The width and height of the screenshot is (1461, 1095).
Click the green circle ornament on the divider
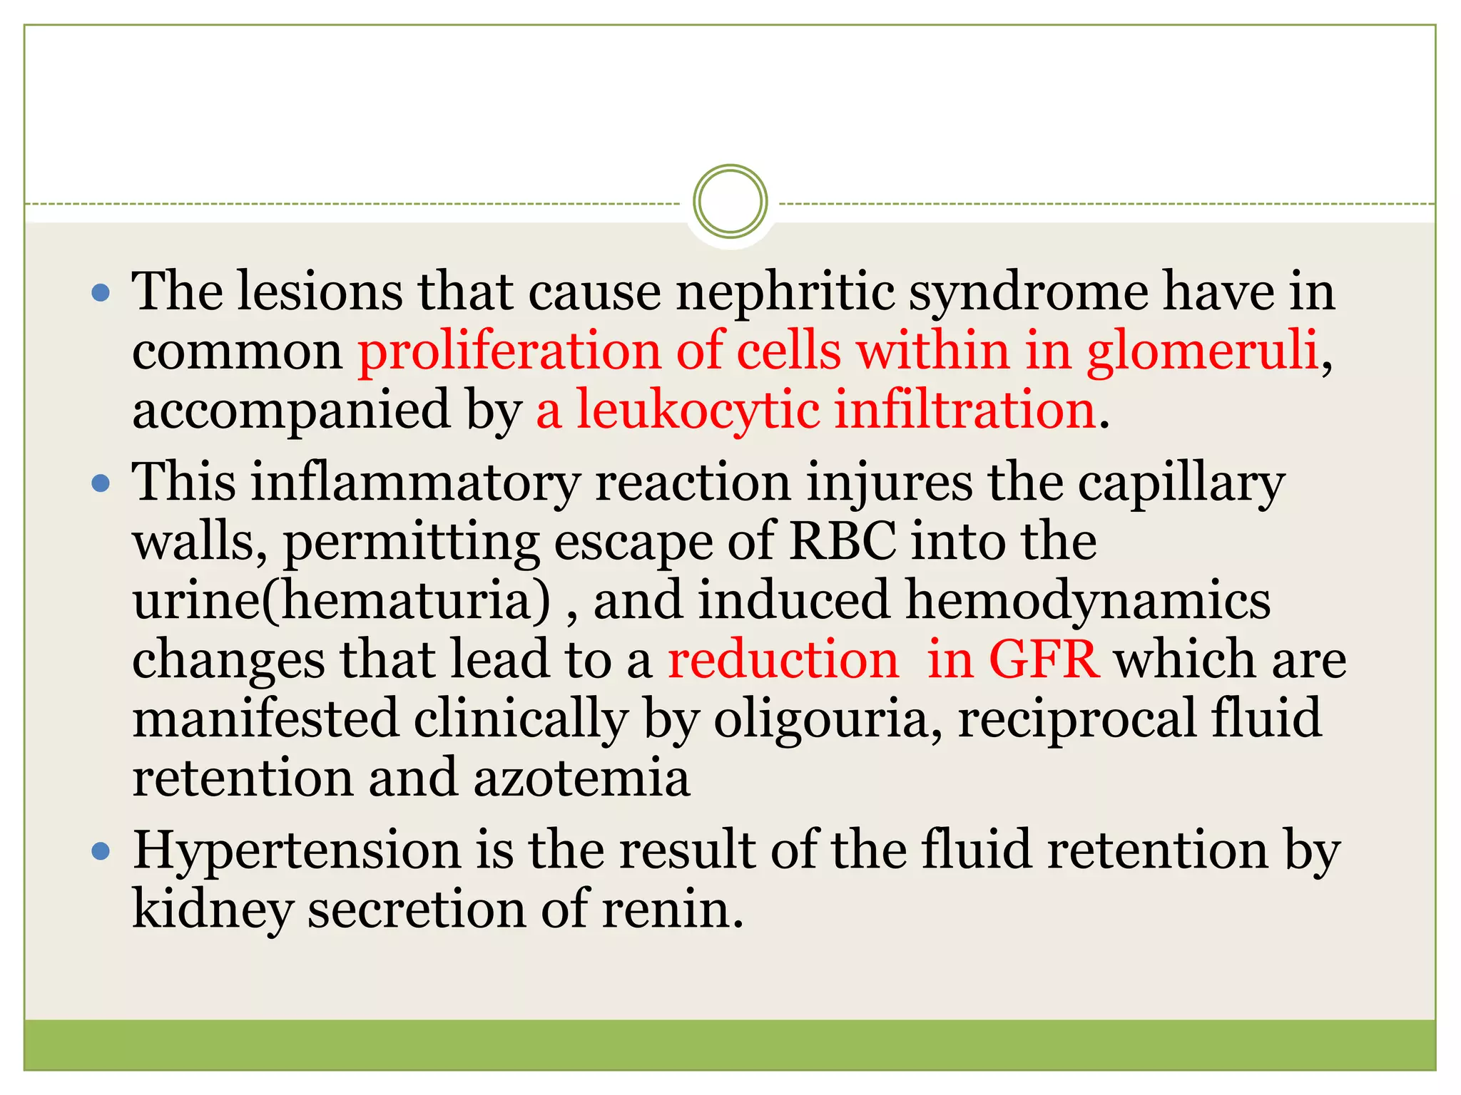[730, 202]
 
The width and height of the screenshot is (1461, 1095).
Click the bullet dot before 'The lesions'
[101, 292]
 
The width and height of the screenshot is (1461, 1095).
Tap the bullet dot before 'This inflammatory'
[101, 484]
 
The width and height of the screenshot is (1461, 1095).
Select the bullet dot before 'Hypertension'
[101, 851]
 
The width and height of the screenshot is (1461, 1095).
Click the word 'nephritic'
[785, 292]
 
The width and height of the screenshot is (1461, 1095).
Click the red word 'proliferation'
[509, 352]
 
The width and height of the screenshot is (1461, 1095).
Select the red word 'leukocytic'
[698, 411]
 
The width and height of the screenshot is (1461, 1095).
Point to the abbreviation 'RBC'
[843, 542]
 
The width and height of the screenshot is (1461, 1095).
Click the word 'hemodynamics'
[1088, 601]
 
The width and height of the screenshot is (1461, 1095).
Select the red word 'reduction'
[783, 659]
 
